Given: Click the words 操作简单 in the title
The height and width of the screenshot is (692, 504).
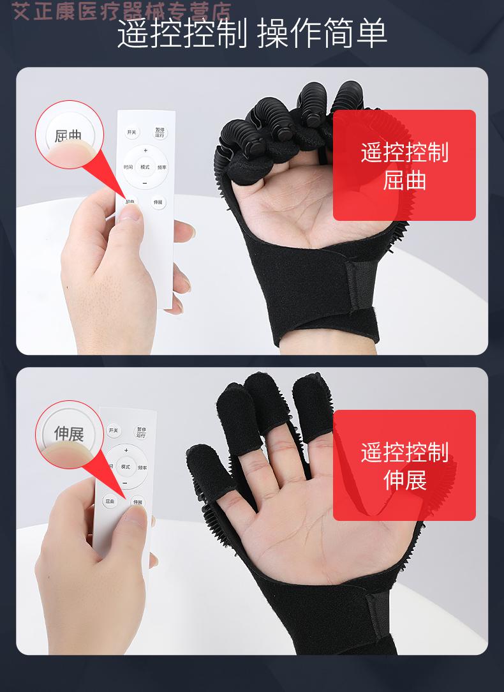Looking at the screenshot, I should pyautogui.click(x=322, y=34).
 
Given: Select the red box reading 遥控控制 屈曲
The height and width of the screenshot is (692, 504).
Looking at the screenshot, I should pyautogui.click(x=404, y=165).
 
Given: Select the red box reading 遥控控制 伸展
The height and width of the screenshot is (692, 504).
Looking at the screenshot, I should pyautogui.click(x=404, y=465).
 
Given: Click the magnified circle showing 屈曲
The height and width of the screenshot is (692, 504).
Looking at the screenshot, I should pyautogui.click(x=69, y=135).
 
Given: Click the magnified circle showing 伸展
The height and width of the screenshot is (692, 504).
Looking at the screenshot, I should pyautogui.click(x=69, y=434).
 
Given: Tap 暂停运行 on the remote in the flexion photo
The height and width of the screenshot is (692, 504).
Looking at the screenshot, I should pyautogui.click(x=159, y=133).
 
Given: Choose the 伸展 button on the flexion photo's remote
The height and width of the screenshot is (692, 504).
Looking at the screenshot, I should pyautogui.click(x=158, y=202).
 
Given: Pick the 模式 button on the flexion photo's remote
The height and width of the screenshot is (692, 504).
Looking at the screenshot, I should pyautogui.click(x=145, y=167).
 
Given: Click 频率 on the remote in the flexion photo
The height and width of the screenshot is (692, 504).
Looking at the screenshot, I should pyautogui.click(x=162, y=168).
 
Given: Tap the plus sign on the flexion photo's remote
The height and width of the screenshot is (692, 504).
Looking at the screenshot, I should pyautogui.click(x=145, y=151).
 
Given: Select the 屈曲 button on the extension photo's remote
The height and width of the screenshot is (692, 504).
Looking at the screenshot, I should pyautogui.click(x=110, y=501).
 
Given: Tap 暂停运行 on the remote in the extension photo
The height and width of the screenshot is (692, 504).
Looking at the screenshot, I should pyautogui.click(x=141, y=432).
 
